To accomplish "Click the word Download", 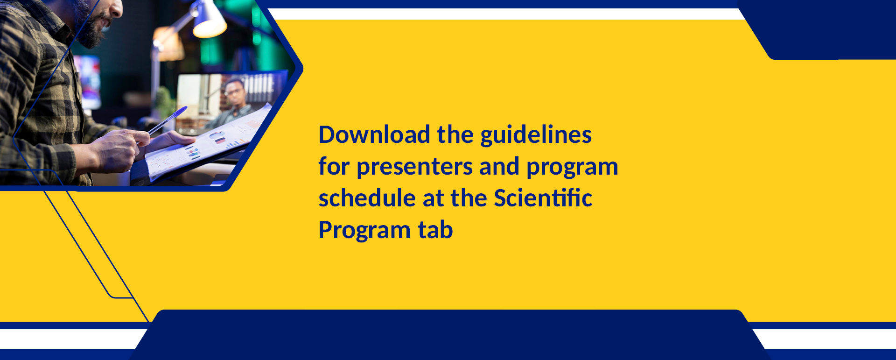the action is point(374,134).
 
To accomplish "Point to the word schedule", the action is point(367,198).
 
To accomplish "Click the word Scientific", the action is point(543,198).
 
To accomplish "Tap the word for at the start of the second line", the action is point(334,166).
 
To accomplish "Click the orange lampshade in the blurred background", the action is point(168,44).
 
